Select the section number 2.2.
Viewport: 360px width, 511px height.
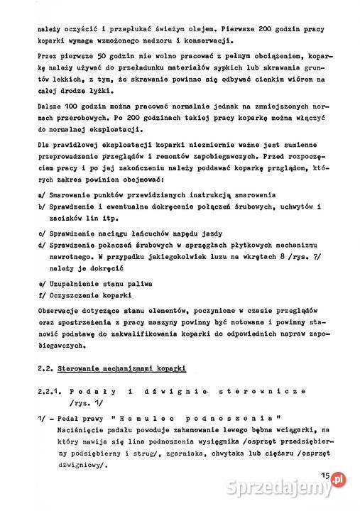click(x=45, y=369)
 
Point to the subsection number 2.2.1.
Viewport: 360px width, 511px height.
click(x=50, y=391)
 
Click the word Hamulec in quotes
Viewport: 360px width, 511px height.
click(x=141, y=419)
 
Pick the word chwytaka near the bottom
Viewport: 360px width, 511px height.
click(x=238, y=453)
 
